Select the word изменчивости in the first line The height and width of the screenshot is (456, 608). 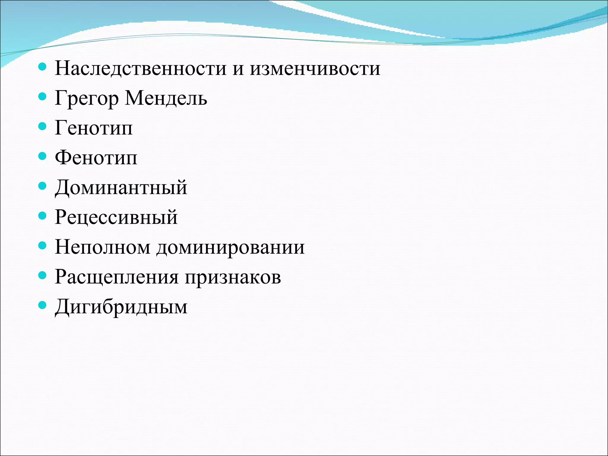coord(315,69)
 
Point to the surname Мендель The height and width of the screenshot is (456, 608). coord(166,98)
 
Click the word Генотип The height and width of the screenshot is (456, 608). coord(94,128)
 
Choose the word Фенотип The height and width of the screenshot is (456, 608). coord(96,158)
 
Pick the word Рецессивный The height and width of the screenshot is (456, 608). coord(116,217)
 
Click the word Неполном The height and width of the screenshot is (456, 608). coord(102,247)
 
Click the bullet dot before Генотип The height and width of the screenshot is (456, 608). coord(43,126)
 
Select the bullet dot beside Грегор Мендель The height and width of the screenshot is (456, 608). coord(43,97)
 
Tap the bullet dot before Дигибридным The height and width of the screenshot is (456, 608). coord(43,305)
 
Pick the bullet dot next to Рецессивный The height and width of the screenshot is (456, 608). coord(43,216)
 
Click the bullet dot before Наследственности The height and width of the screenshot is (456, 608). coord(43,67)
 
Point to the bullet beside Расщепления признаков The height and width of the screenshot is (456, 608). coord(43,275)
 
